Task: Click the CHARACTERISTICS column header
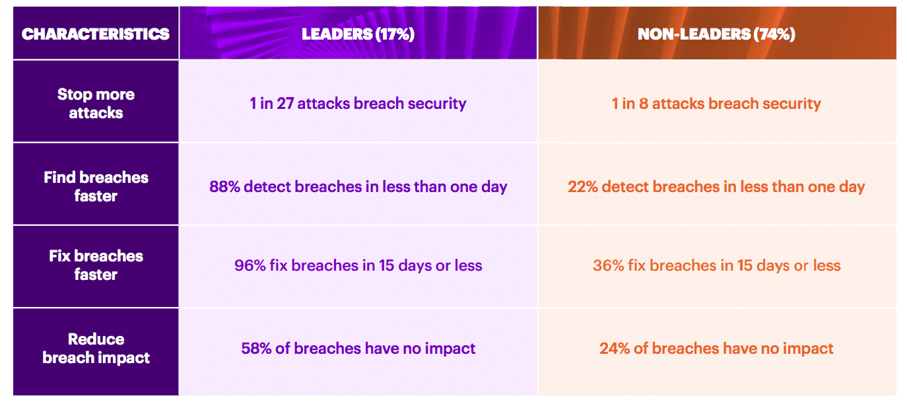point(96,34)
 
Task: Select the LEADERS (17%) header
point(358,34)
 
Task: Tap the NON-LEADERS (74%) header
point(716,34)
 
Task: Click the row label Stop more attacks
point(96,103)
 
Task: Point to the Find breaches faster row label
point(96,186)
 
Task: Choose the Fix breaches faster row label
point(96,265)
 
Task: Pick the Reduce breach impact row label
point(96,348)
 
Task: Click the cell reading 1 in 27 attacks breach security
point(358,104)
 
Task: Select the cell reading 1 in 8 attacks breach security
point(716,104)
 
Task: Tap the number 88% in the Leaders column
point(224,187)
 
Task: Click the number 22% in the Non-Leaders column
point(583,187)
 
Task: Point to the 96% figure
point(250,265)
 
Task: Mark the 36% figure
point(608,265)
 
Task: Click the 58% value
point(256,349)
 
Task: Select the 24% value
point(615,349)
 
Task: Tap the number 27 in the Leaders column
point(285,104)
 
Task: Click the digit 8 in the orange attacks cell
point(644,104)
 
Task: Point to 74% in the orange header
point(774,34)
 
